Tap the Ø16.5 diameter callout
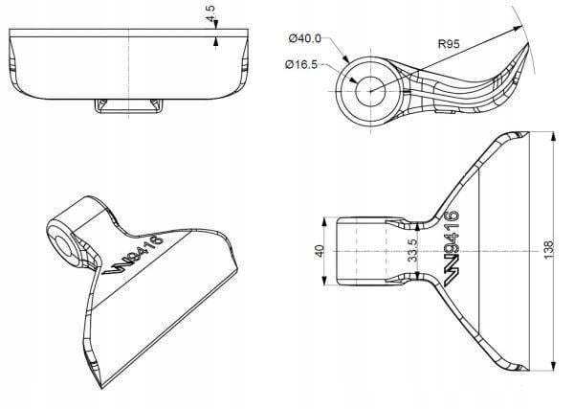pos(303,64)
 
